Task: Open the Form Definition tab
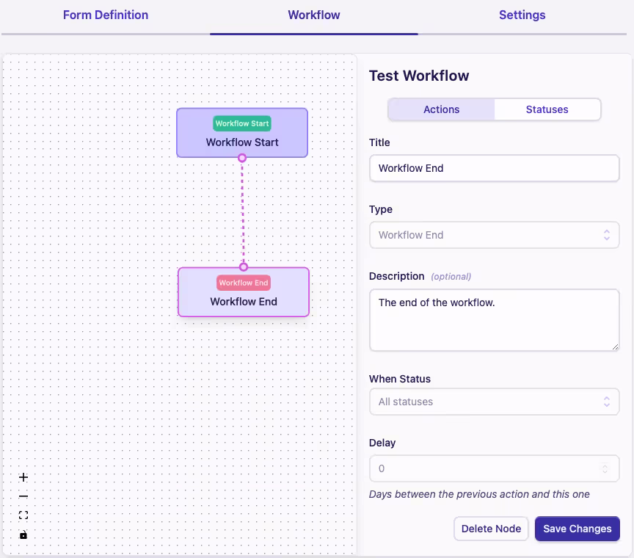(x=106, y=15)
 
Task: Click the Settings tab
(x=522, y=15)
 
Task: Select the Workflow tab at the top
(x=314, y=15)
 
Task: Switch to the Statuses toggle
(x=547, y=109)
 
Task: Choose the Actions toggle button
(x=441, y=109)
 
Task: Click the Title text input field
(x=494, y=168)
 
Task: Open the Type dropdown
(x=494, y=236)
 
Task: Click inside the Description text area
(x=494, y=319)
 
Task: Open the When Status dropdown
(x=494, y=402)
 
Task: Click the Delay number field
(x=488, y=468)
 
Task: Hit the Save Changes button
(x=577, y=529)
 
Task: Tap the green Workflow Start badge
(x=242, y=123)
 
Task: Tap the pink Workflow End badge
(x=244, y=283)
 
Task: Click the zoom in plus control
(x=23, y=477)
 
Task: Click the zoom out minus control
(x=23, y=496)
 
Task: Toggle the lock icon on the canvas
(x=23, y=535)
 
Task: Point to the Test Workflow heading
(x=419, y=76)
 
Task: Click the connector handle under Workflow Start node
(x=242, y=158)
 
